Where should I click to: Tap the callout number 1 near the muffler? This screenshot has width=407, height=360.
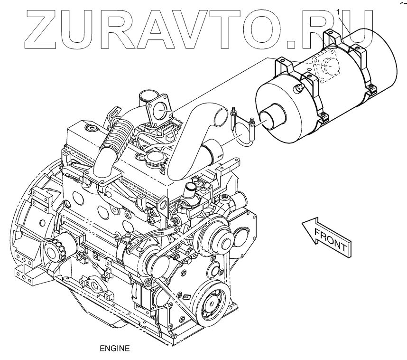(338, 10)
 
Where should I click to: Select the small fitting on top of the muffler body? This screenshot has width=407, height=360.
(299, 87)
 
